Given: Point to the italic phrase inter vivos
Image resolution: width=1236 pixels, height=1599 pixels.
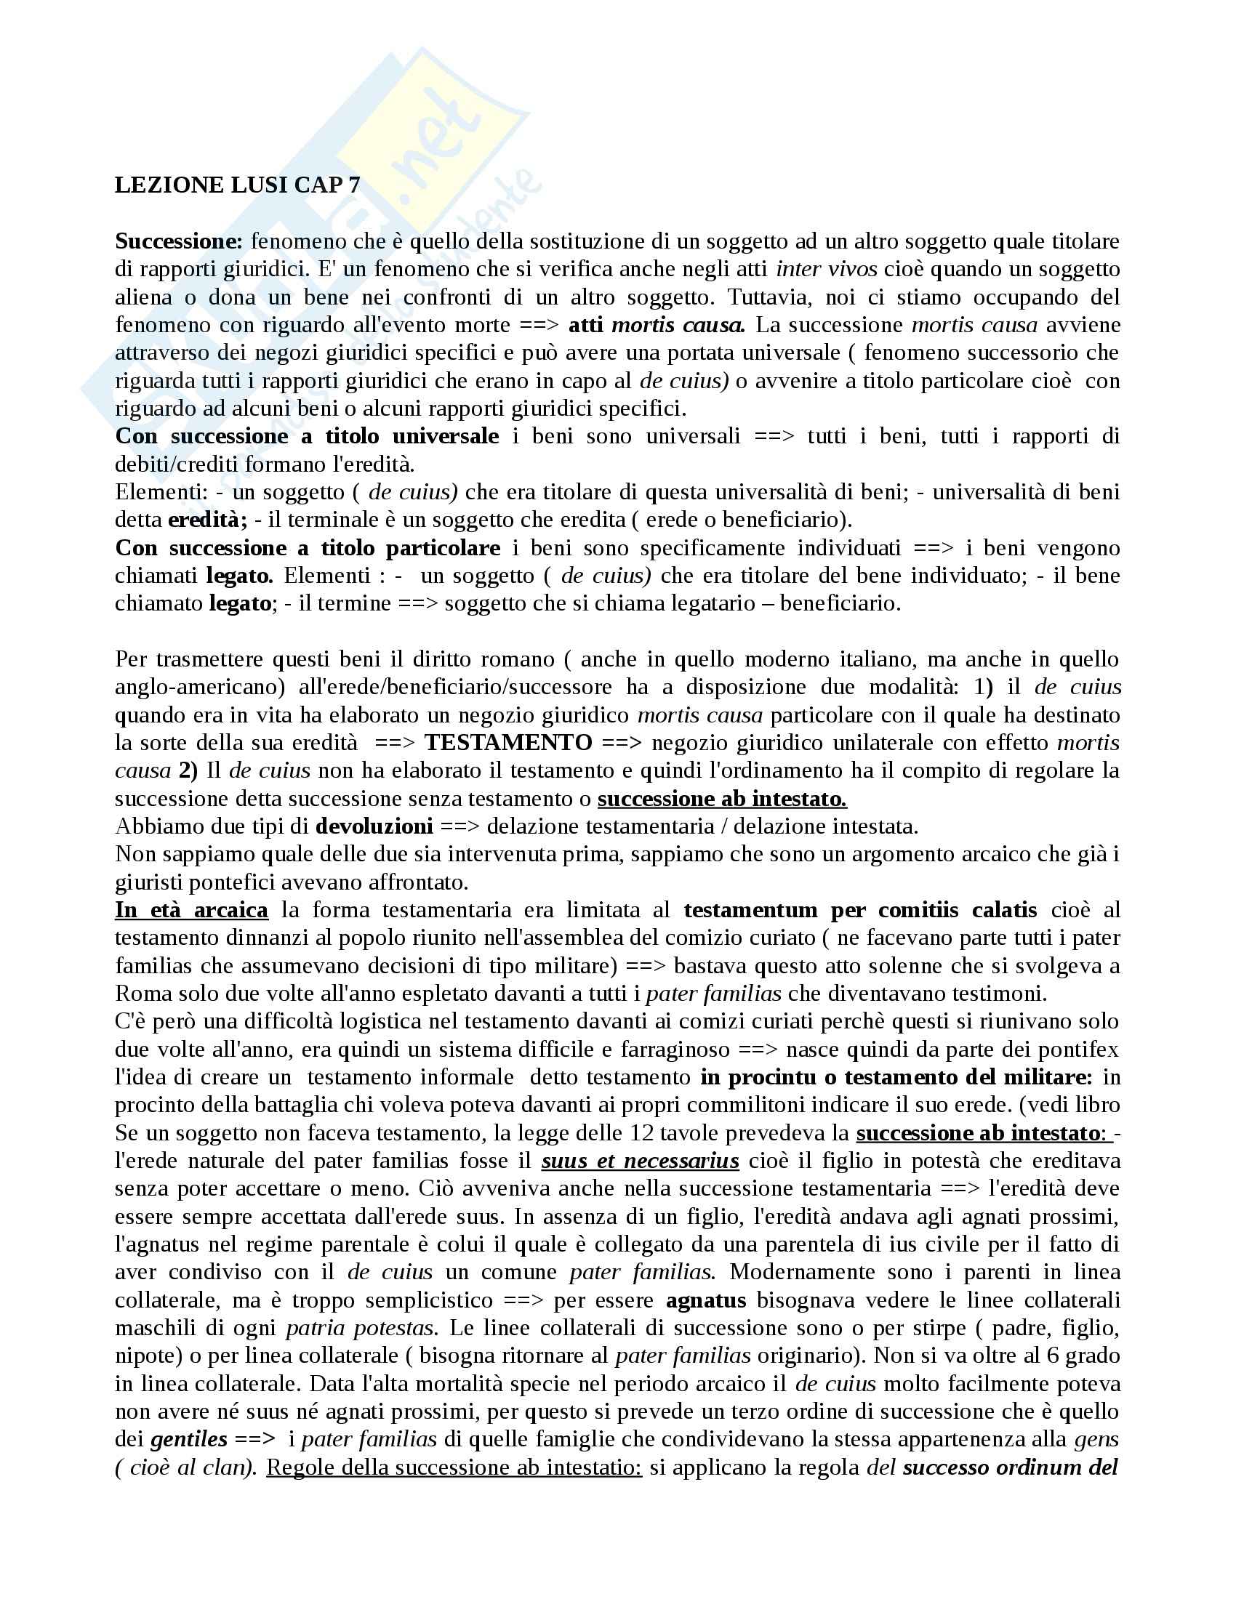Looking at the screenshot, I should (x=826, y=269).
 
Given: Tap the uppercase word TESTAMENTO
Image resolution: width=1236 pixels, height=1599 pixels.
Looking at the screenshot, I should (x=508, y=742).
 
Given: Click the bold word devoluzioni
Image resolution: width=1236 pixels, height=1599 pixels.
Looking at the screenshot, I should (x=374, y=826).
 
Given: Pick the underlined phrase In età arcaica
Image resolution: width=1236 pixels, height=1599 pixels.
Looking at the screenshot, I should (x=192, y=910).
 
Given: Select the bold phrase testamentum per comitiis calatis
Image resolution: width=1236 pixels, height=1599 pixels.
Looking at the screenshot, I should (x=859, y=910).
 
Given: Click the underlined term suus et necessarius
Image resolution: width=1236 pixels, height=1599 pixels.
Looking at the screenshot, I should (x=640, y=1161).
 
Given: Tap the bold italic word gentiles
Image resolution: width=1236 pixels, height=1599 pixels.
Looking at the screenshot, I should (x=189, y=1439).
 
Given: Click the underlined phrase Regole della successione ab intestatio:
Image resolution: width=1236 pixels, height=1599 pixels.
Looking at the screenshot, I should (x=454, y=1468).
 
